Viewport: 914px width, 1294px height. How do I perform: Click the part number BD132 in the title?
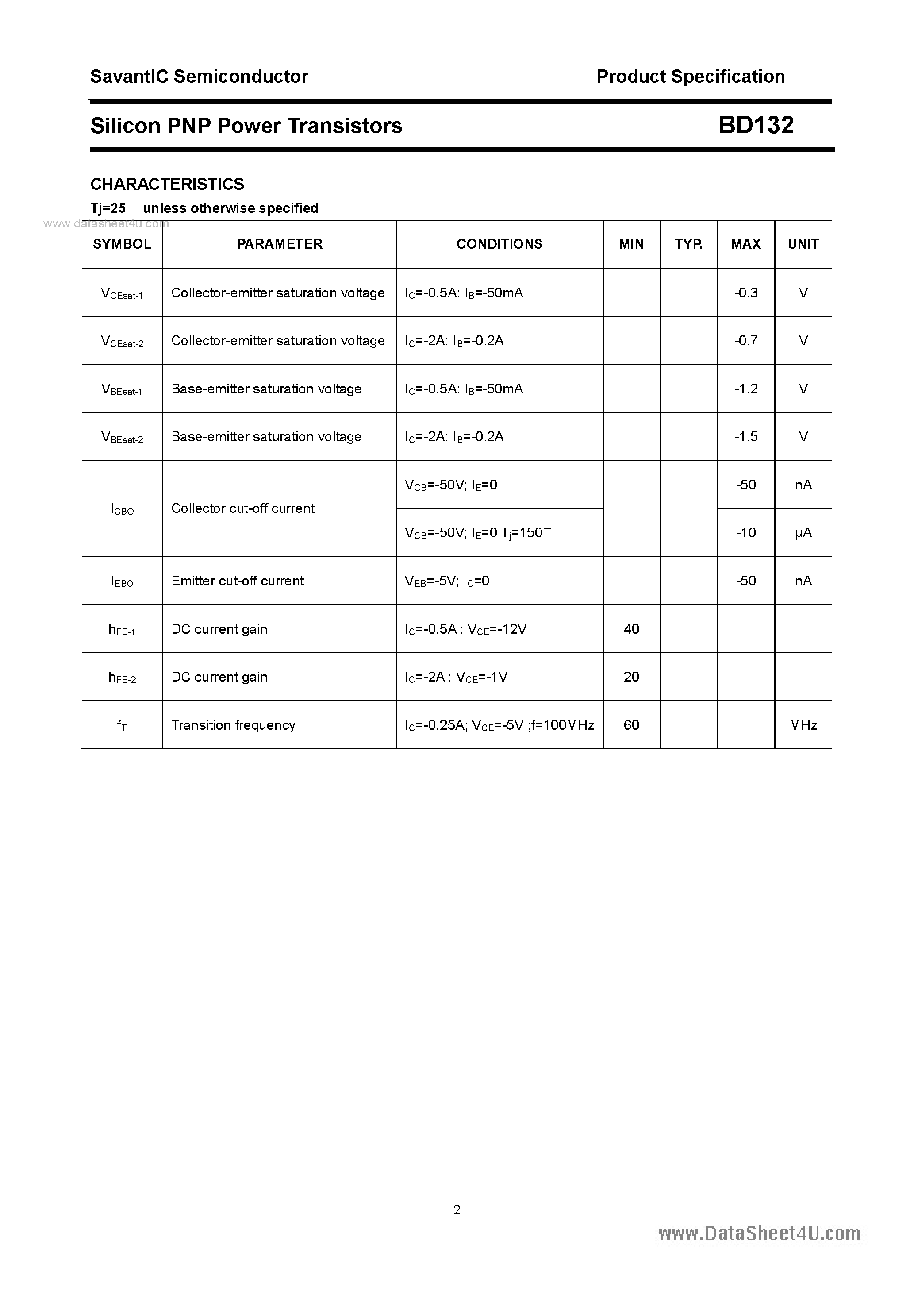point(756,125)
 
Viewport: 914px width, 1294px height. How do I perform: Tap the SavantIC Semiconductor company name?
point(199,77)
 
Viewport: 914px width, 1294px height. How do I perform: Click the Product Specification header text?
point(690,77)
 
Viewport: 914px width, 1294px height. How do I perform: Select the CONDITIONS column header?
point(499,244)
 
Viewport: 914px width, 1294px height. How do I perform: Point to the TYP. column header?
point(689,244)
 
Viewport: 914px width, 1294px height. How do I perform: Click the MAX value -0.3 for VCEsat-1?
point(745,293)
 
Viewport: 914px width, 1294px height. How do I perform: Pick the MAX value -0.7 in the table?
point(745,340)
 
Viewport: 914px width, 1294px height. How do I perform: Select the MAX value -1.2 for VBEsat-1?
point(745,389)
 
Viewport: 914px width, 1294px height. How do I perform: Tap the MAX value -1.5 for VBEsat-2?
point(745,437)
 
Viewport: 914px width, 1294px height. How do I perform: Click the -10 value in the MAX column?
point(745,532)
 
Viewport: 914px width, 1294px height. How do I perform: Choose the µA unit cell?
point(803,532)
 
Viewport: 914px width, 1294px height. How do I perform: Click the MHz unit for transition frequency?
point(803,725)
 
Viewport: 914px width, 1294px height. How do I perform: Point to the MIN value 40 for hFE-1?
point(631,629)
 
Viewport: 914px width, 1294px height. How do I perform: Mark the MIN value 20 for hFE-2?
point(631,677)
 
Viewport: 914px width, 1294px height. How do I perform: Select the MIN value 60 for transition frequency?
point(631,725)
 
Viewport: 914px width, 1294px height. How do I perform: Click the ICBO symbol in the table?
point(122,509)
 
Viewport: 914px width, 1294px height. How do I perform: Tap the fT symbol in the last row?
point(122,726)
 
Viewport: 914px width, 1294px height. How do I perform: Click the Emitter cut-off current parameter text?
point(237,581)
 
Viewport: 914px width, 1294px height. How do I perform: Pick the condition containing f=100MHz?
point(499,725)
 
